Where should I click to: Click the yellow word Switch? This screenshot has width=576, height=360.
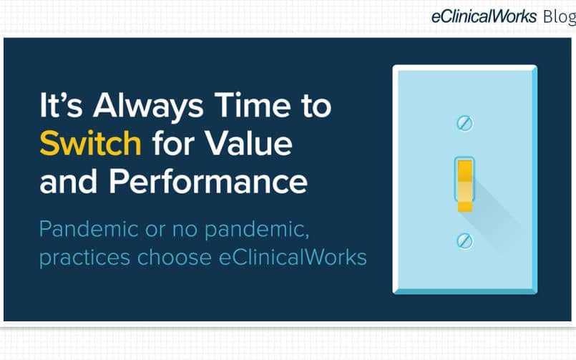click(x=90, y=143)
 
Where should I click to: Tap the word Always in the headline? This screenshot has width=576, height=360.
click(x=148, y=107)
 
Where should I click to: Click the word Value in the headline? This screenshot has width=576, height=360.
click(x=249, y=143)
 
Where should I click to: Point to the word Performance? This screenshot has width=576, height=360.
click(x=208, y=181)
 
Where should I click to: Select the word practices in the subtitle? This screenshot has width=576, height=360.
click(x=85, y=258)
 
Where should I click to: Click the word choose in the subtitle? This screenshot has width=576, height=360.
click(x=175, y=257)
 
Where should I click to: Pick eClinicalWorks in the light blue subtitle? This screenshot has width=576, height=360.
click(x=293, y=257)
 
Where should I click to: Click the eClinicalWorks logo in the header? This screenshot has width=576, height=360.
click(x=484, y=16)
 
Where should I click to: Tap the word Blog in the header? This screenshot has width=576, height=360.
click(x=560, y=17)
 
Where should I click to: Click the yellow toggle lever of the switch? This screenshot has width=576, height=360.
click(x=464, y=185)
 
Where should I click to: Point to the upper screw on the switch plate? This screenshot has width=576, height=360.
click(x=464, y=123)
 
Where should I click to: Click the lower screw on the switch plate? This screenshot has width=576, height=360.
click(x=464, y=241)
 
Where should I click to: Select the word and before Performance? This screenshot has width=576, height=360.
click(x=68, y=181)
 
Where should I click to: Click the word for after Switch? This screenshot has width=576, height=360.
click(x=173, y=143)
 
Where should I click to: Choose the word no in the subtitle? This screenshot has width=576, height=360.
click(x=185, y=230)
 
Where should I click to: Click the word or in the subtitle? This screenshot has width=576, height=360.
click(x=155, y=230)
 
